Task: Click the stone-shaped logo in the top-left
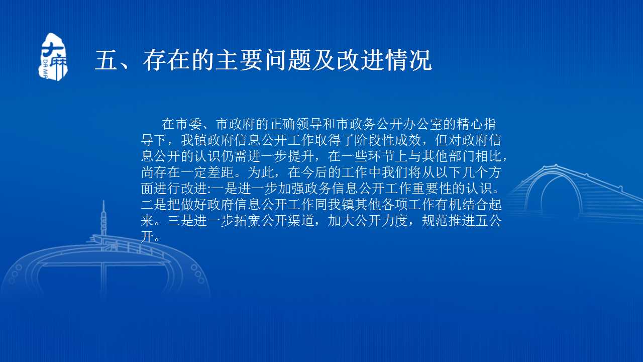[x=53, y=57]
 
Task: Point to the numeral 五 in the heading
[x=106, y=60]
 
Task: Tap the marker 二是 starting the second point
[x=154, y=205]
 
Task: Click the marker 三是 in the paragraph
[x=180, y=221]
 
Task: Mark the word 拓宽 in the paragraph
[x=248, y=221]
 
